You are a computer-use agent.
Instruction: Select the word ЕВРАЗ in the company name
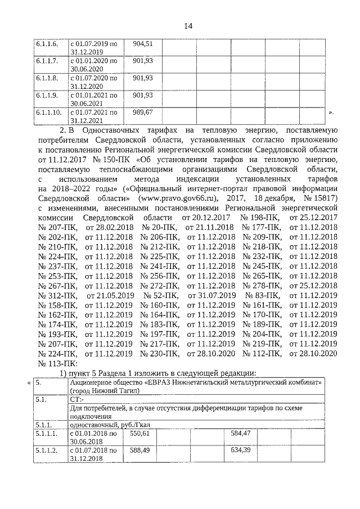click(x=174, y=382)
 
